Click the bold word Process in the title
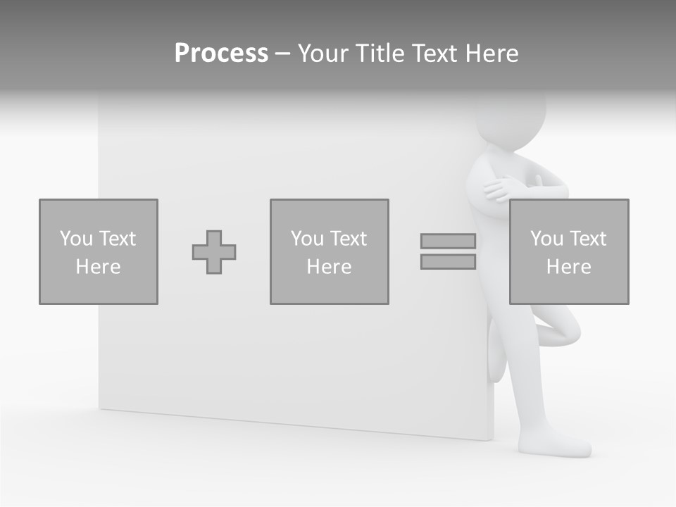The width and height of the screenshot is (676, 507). pos(221,54)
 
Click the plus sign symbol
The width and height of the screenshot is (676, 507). pos(214,252)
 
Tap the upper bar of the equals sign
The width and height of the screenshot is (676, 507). pos(448,241)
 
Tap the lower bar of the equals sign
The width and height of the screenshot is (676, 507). pos(448,261)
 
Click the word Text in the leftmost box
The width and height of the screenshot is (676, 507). pos(118,239)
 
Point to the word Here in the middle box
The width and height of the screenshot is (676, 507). pos(330,267)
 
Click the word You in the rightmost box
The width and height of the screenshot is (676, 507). pos(546,239)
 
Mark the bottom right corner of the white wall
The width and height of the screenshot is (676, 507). pos(490,439)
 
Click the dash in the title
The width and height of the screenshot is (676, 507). pos(282,54)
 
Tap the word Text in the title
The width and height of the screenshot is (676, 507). pos(432,54)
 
